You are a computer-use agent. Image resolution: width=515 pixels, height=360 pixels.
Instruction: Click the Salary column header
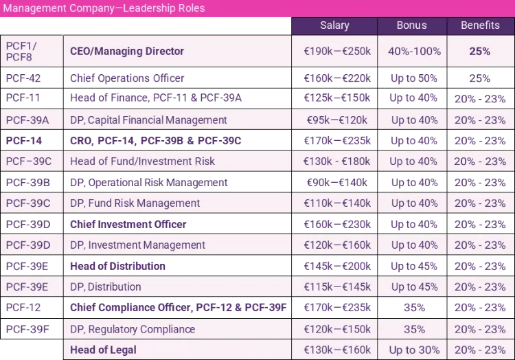point(334,25)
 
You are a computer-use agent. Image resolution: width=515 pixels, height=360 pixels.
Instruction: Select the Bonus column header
point(411,25)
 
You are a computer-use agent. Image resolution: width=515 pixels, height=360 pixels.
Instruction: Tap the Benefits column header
point(480,25)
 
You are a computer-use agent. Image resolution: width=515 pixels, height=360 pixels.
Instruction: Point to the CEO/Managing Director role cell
point(127,52)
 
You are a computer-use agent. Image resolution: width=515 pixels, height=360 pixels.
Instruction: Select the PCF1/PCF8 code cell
point(22,52)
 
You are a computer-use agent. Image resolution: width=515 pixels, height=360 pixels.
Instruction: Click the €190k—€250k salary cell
point(337,52)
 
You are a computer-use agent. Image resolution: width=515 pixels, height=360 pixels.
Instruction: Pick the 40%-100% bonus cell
point(413,52)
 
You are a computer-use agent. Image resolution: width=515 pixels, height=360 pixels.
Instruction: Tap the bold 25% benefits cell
point(479,52)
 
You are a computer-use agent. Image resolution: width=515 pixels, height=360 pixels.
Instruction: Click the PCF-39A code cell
point(27,120)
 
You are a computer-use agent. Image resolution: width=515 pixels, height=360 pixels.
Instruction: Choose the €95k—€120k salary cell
point(337,120)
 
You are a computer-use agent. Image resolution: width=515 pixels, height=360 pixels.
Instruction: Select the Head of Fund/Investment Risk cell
point(142,161)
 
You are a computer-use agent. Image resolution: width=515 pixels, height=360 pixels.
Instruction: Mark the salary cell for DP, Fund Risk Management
point(337,203)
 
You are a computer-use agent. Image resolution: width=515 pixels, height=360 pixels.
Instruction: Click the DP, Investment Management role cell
point(137,245)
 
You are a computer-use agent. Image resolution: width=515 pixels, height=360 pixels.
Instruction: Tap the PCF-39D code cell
point(27,245)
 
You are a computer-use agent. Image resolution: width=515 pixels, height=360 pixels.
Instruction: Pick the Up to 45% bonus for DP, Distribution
point(413,286)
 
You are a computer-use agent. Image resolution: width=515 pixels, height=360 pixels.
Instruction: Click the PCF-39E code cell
point(27,286)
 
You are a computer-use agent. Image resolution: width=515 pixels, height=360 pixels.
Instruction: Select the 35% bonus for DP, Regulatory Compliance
point(413,329)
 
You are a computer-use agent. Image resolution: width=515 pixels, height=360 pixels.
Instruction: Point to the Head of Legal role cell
point(103,350)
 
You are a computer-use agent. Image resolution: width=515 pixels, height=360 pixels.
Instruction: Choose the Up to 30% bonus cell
point(413,350)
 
